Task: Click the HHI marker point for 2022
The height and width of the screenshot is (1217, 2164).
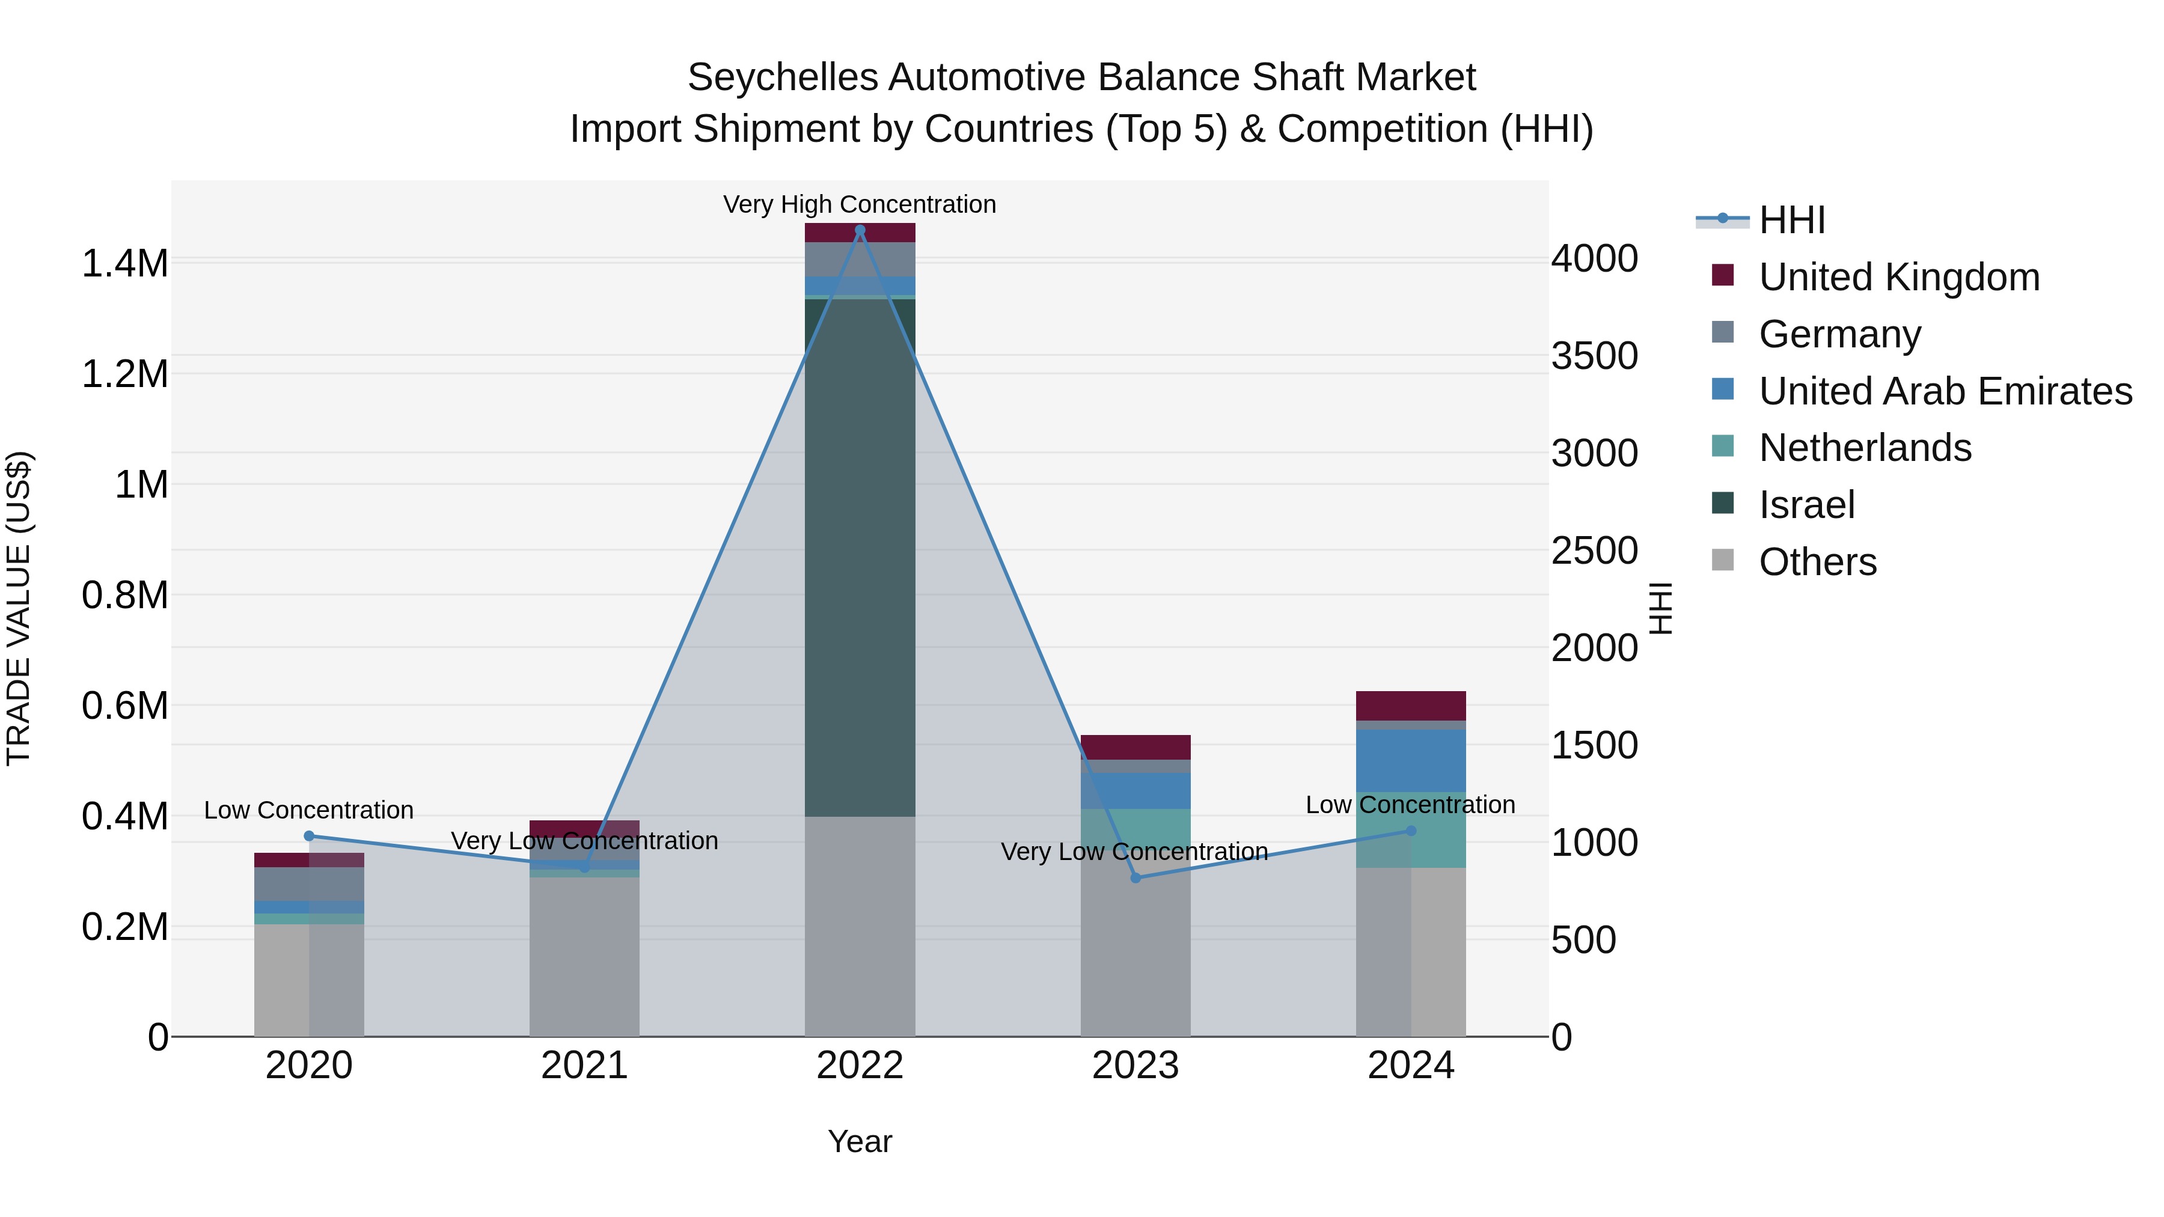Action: pos(860,230)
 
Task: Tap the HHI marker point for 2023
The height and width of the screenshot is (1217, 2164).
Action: pos(1135,877)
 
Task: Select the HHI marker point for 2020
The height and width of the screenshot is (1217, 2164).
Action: pos(308,836)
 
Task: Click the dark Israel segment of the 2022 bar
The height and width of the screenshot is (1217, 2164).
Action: pos(860,554)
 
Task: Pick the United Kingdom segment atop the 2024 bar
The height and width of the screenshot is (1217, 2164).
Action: pos(1410,706)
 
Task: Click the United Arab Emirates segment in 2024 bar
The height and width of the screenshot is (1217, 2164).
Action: pos(1410,760)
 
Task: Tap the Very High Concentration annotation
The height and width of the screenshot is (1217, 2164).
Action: pos(860,204)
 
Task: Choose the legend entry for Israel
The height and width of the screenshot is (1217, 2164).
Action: pos(1806,505)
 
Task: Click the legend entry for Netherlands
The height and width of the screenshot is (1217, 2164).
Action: pos(1865,448)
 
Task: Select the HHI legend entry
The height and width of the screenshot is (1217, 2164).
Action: pos(1791,220)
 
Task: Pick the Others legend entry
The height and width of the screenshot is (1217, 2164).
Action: pos(1817,562)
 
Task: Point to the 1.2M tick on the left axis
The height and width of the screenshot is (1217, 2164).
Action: pos(124,374)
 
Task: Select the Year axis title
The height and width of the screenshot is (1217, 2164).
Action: pos(860,1141)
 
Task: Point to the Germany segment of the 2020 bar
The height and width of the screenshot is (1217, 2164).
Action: pos(308,883)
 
